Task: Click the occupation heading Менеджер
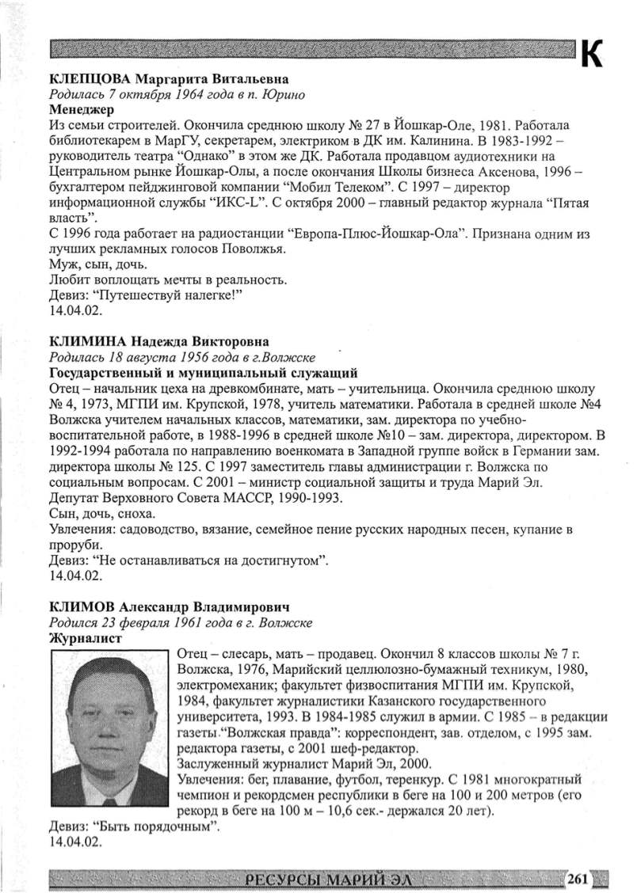[x=78, y=109]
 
